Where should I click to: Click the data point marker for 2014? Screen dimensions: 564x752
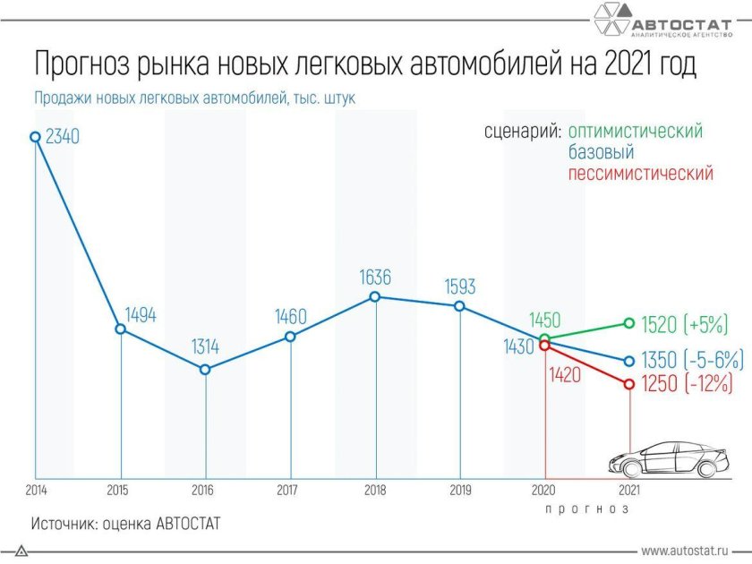click(x=35, y=137)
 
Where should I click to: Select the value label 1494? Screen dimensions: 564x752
click(x=141, y=314)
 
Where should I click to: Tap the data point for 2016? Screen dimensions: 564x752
click(x=206, y=369)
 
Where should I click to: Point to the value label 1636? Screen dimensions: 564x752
click(x=374, y=277)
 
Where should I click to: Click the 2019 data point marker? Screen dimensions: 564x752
click(x=459, y=306)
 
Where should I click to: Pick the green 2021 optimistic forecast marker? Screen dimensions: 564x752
click(x=628, y=323)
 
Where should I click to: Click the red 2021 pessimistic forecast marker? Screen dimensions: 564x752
click(x=628, y=384)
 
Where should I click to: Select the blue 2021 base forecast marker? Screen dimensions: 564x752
click(x=628, y=361)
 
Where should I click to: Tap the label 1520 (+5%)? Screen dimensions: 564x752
click(x=687, y=324)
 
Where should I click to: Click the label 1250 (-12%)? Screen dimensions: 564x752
click(x=687, y=384)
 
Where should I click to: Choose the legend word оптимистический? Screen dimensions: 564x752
click(x=636, y=132)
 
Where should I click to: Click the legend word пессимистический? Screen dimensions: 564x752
click(x=641, y=174)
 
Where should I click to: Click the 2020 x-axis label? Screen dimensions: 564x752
click(x=544, y=490)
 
